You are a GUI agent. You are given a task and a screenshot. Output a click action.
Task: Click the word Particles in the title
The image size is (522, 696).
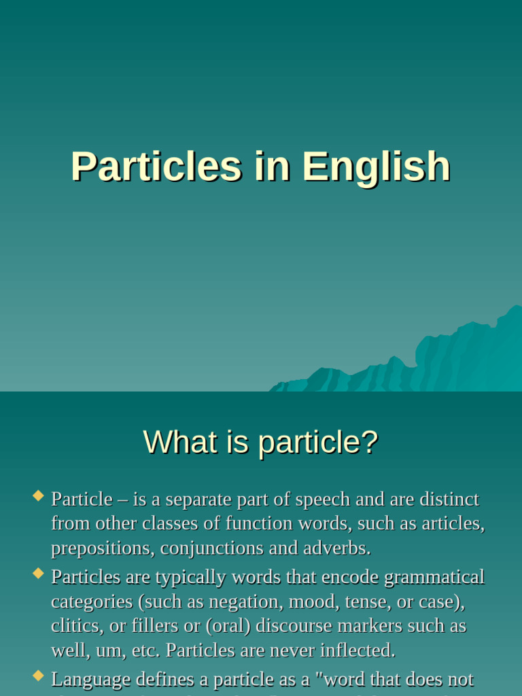pyautogui.click(x=156, y=167)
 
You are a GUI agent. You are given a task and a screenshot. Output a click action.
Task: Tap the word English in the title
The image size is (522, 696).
pyautogui.click(x=376, y=167)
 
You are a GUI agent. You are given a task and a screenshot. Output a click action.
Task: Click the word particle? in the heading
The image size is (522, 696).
pyautogui.click(x=317, y=442)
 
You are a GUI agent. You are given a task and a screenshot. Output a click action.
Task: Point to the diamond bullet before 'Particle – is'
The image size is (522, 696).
pyautogui.click(x=38, y=495)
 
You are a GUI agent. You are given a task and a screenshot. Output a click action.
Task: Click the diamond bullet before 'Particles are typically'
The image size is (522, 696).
pyautogui.click(x=38, y=573)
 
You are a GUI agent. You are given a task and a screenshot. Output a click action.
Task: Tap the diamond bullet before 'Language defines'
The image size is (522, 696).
pyautogui.click(x=38, y=675)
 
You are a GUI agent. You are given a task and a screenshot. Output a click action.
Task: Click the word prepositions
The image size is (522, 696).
pyautogui.click(x=101, y=549)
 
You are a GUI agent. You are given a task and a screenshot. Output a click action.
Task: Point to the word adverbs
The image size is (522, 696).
pyautogui.click(x=338, y=549)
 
